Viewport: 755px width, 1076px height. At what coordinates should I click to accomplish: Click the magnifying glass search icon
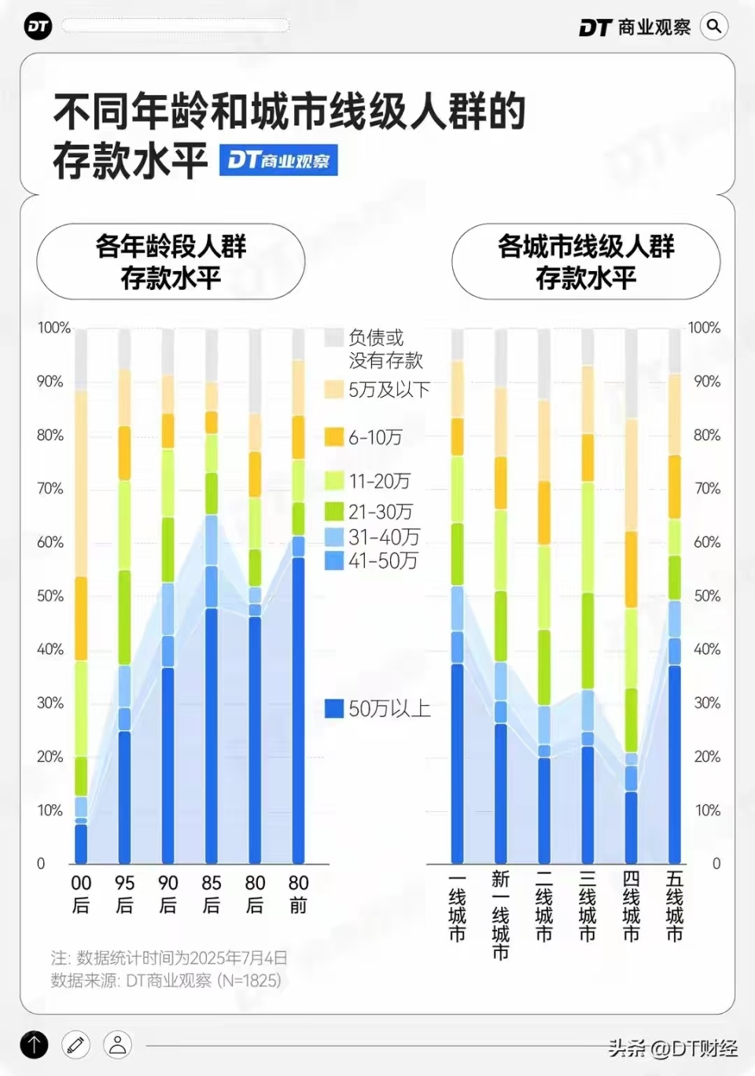[713, 27]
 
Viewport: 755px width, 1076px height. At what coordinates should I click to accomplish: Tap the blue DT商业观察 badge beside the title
[278, 160]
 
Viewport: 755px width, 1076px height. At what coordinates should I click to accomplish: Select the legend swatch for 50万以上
[334, 708]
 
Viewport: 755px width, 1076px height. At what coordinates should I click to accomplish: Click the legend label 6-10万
[375, 438]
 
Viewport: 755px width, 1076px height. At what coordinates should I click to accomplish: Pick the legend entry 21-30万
[380, 512]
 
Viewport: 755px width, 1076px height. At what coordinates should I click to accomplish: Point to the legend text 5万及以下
[389, 390]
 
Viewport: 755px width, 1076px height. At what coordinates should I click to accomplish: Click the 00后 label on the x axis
[81, 894]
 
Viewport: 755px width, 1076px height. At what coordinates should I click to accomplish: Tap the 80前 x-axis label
[298, 894]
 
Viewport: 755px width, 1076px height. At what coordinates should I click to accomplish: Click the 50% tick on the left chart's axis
[50, 596]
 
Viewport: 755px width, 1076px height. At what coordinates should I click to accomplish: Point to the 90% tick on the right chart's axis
[707, 381]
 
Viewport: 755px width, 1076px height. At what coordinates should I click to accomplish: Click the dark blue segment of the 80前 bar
[298, 707]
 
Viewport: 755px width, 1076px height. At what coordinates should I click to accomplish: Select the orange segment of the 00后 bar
[81, 619]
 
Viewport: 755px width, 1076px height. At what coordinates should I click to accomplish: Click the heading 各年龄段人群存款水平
[171, 262]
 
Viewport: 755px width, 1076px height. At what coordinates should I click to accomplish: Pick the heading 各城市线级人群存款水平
[586, 262]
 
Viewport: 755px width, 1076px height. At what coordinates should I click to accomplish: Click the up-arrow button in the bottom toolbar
[34, 1045]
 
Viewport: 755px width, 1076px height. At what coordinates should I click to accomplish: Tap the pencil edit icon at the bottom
[76, 1045]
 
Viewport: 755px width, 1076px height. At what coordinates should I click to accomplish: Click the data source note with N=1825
[166, 980]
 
